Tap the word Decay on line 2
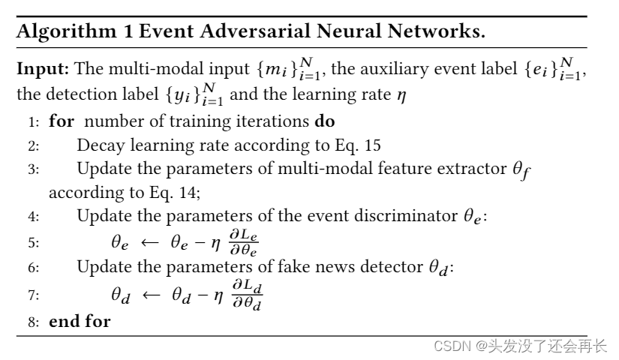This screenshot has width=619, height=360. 98,145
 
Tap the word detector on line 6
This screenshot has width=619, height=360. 380,268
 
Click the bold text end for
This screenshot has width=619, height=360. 80,322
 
